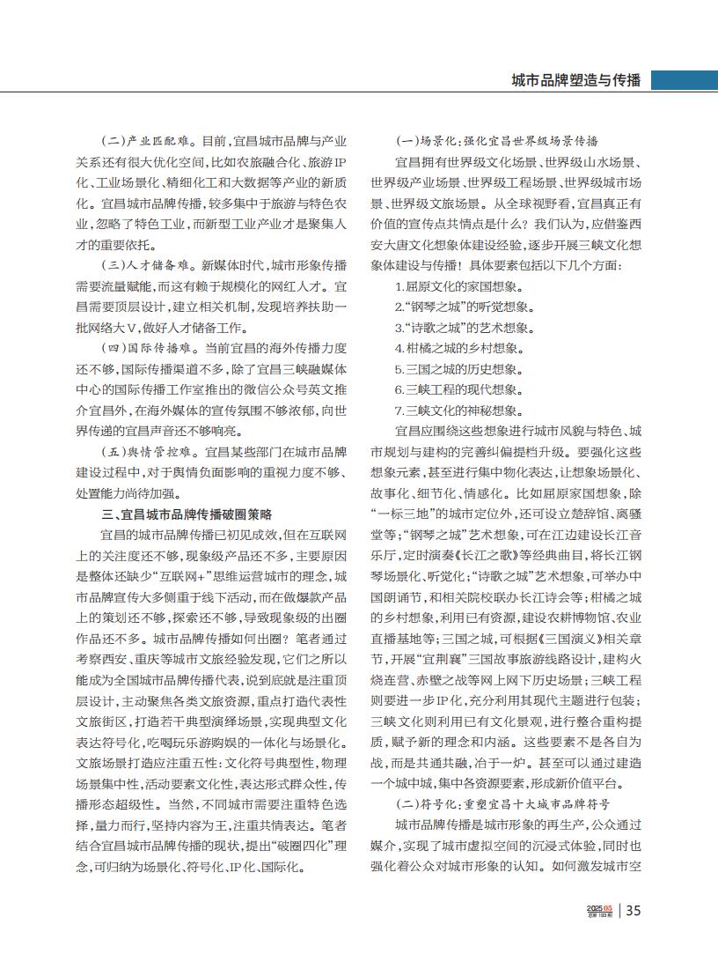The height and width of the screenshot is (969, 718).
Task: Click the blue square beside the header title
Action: click(659, 80)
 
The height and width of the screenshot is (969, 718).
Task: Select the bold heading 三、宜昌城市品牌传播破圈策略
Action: click(187, 514)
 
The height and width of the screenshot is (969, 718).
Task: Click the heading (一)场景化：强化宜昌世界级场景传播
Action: click(496, 142)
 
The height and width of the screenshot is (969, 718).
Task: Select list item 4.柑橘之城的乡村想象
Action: click(459, 348)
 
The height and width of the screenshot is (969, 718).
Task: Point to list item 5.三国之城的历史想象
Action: click(459, 368)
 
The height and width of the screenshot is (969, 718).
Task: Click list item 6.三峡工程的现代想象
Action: click(459, 389)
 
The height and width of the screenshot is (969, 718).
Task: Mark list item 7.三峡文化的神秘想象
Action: click(459, 410)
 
